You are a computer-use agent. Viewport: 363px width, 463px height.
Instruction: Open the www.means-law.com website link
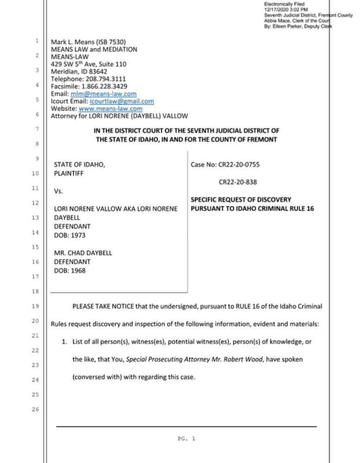111,109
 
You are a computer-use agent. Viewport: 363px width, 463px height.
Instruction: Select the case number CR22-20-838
238,182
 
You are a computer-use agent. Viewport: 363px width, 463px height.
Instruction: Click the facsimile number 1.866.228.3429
104,87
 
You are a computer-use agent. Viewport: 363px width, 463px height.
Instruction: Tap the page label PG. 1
187,438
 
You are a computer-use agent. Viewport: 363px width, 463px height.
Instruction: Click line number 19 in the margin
36,306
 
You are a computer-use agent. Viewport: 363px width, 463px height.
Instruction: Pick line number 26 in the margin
36,410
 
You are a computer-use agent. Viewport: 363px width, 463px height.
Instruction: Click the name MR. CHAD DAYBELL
83,253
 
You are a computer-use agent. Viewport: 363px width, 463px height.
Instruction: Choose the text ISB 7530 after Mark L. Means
111,42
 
